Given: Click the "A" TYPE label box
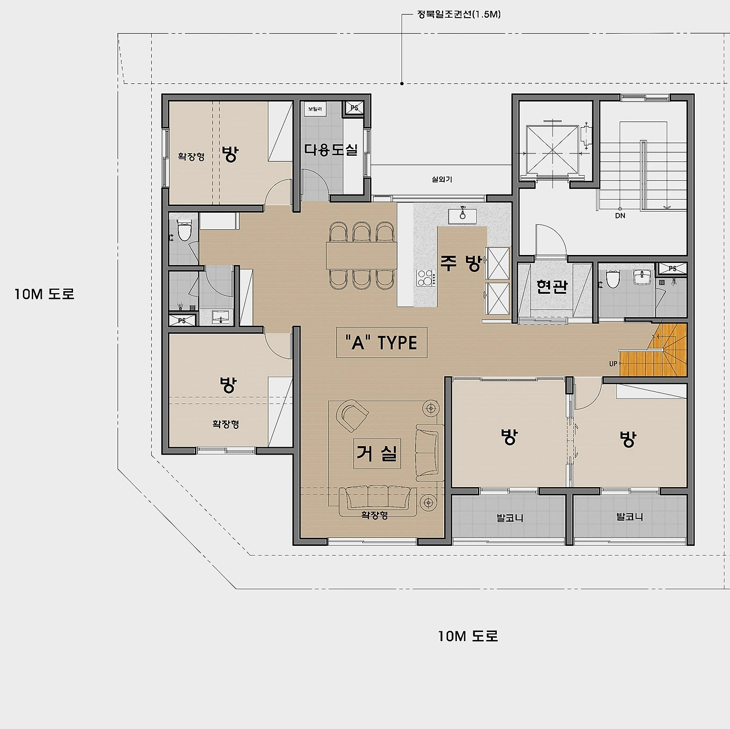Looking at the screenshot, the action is [382, 342].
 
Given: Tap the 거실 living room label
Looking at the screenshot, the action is [377, 453].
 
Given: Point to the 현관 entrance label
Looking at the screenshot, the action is [552, 286].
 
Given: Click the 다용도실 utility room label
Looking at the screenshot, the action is [331, 149].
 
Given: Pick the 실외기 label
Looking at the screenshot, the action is [442, 179].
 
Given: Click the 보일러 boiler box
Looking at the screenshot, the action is [315, 109].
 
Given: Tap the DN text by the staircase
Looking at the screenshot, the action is [620, 216].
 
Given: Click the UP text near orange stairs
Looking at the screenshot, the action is [613, 364].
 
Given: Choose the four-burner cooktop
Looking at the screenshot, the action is [426, 278].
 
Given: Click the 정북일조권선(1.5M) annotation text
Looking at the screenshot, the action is [459, 14].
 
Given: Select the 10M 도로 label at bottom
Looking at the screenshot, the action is [468, 636].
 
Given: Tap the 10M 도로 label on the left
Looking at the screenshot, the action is [44, 294].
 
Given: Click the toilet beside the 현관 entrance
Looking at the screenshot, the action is [613, 279].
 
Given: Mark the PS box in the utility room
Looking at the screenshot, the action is [354, 108].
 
